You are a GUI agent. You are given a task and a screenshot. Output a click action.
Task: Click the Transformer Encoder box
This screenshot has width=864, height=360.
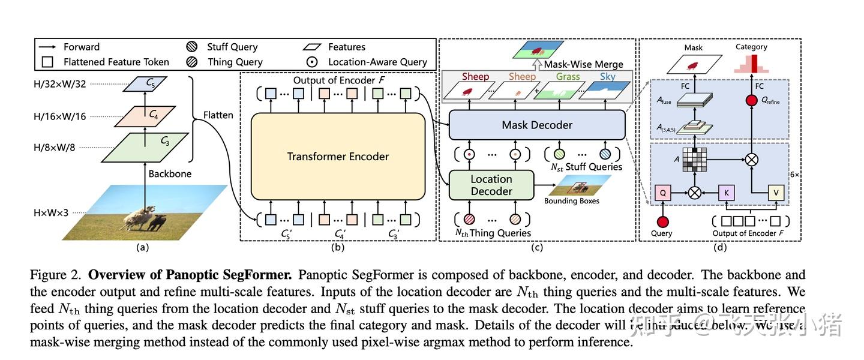coord(338,157)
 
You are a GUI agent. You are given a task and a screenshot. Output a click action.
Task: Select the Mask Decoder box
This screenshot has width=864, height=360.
coord(536,125)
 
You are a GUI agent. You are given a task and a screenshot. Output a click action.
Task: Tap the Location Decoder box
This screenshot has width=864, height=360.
coord(491,185)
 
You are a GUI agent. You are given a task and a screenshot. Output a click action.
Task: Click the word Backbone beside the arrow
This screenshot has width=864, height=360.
coord(170,174)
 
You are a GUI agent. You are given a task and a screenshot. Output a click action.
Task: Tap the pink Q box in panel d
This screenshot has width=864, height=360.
coord(662,193)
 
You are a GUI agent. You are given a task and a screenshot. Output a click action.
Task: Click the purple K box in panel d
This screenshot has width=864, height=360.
coord(727,193)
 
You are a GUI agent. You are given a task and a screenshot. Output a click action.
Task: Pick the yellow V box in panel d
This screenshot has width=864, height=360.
coord(776,193)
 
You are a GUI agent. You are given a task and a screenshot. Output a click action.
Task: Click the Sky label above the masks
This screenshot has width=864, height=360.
coord(608,77)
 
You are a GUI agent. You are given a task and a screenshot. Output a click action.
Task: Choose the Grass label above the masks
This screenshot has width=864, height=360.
coord(568,77)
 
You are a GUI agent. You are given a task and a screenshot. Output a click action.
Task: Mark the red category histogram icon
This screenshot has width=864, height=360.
coord(751,63)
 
